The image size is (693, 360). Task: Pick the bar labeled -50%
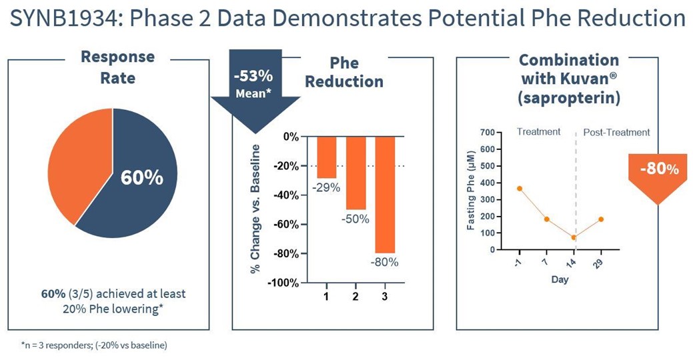coord(356,172)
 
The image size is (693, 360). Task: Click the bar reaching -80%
coord(385,193)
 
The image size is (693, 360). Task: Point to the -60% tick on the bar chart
coord(285,224)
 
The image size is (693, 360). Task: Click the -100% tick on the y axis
coord(283,283)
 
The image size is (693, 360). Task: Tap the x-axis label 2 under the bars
coord(356,295)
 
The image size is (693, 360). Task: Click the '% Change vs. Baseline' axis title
coord(255,209)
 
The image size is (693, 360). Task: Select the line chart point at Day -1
coord(520,189)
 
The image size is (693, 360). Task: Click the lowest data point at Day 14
coord(574,237)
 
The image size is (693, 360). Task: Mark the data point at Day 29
coord(601,219)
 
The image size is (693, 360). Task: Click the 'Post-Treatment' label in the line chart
coord(616,132)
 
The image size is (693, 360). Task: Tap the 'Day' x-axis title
coord(560,279)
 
